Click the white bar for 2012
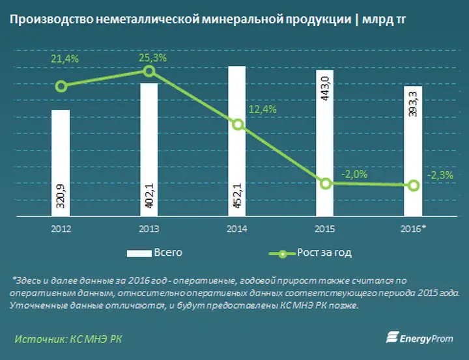point(61,163)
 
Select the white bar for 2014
point(237,141)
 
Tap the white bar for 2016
point(413,151)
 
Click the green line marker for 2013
point(149,71)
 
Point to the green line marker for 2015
point(326,184)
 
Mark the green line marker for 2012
point(61,87)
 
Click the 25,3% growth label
point(152,58)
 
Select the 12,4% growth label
point(263,109)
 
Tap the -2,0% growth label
point(354,174)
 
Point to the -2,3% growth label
point(440,175)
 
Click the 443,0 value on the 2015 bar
point(325,89)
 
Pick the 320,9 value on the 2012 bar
point(61,196)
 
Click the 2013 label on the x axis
point(149,229)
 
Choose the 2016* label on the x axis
point(414,228)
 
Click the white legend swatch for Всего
point(139,253)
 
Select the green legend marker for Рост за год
point(282,254)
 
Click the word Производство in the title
point(51,20)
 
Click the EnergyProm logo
point(419,338)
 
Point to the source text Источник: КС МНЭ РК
point(68,339)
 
